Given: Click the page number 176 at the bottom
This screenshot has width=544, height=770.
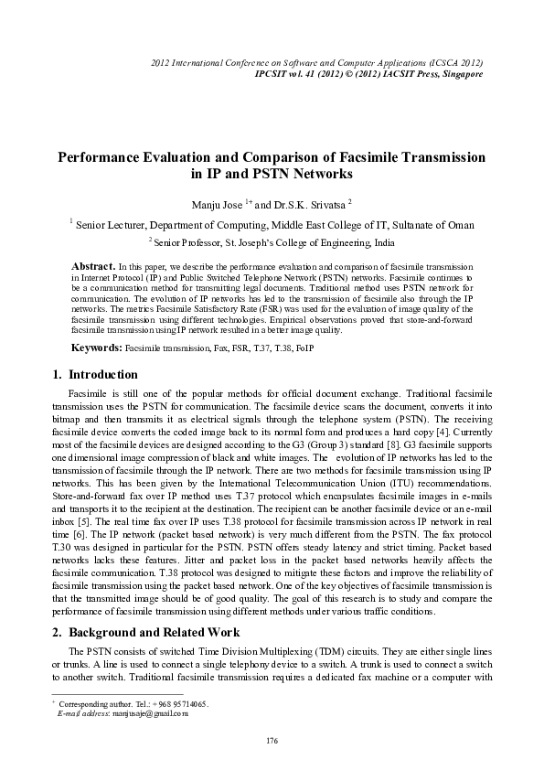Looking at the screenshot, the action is coord(272,739).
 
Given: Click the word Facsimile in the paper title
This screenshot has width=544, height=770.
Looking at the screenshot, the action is coord(340,157).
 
